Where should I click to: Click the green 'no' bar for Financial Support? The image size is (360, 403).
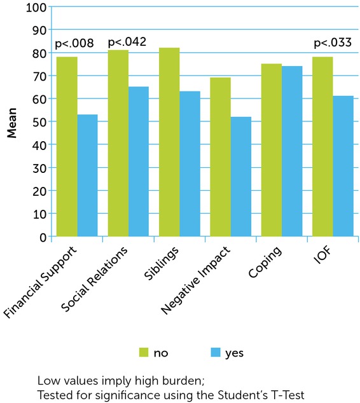coord(67,147)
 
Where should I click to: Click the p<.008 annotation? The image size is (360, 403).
coord(74,44)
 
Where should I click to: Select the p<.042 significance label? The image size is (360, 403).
coord(127,43)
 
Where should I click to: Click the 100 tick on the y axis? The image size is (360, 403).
coord(36,8)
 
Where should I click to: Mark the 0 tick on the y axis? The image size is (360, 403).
coord(42,237)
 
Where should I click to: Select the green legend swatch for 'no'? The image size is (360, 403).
coord(146,351)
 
